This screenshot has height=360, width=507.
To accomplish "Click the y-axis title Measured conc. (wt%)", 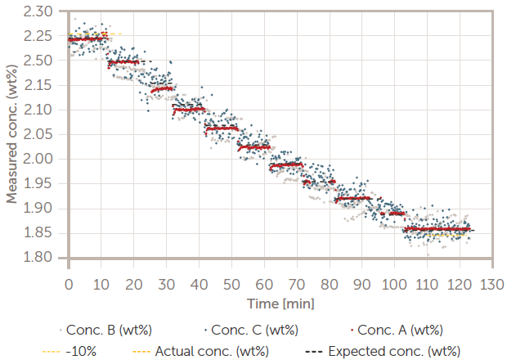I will (x=14, y=134).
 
